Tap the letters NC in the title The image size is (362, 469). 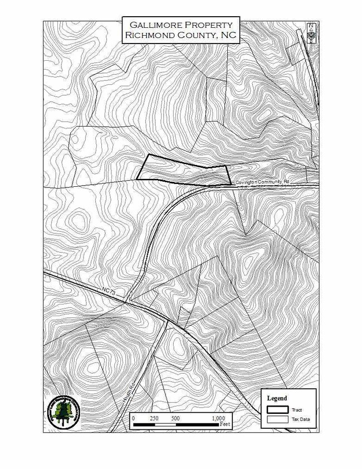tap(228, 35)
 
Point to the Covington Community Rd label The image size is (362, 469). tap(262, 182)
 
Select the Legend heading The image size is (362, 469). tap(277, 398)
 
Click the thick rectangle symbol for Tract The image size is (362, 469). tap(277, 409)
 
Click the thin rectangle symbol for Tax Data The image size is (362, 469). tap(277, 419)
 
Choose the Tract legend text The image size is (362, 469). tap(297, 410)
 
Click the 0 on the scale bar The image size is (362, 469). tap(133, 418)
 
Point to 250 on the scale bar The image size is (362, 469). tap(154, 418)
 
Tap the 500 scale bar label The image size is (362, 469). tap(175, 418)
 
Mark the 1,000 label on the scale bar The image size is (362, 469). tap(218, 418)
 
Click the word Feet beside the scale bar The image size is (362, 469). tap(225, 424)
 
